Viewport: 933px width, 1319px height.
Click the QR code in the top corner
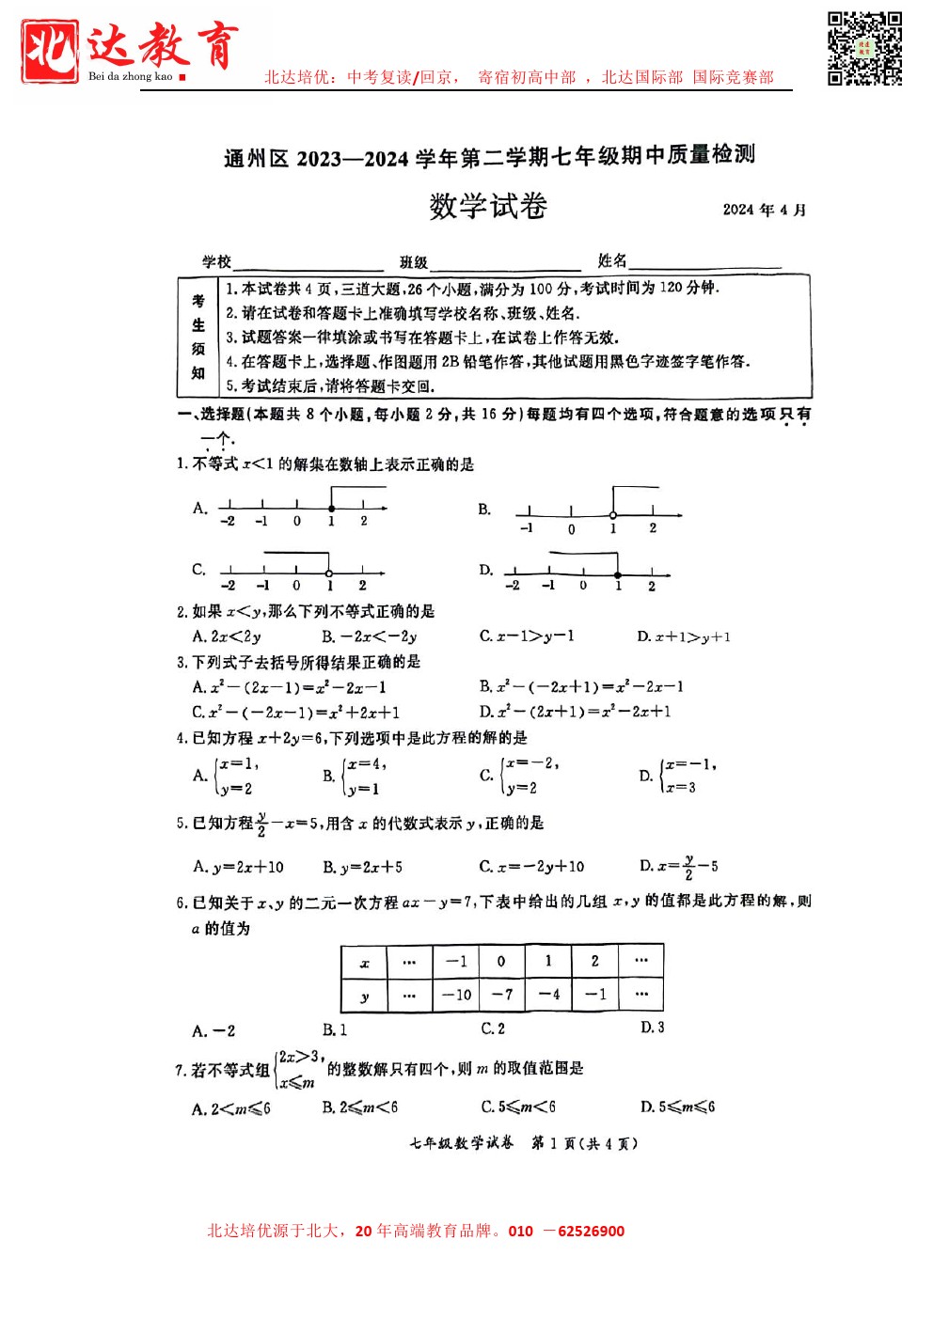pos(864,49)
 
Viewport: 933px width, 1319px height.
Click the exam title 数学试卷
pos(488,207)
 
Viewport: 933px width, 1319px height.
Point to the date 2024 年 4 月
pos(764,210)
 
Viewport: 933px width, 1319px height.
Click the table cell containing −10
pos(456,995)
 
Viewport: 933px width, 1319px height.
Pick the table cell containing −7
pos(502,995)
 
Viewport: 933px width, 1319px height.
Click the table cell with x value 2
pos(594,961)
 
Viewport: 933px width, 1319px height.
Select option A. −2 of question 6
pos(213,1031)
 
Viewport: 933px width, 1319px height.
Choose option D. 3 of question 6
pos(653,1028)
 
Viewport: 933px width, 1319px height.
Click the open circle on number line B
pos(613,515)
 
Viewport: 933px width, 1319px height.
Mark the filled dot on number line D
pos(617,574)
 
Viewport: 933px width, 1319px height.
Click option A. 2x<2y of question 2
pos(227,636)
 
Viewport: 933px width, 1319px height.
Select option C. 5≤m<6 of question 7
pos(518,1107)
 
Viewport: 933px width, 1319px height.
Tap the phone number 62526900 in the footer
pos(591,1232)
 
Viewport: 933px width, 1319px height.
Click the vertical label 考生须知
pos(198,337)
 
